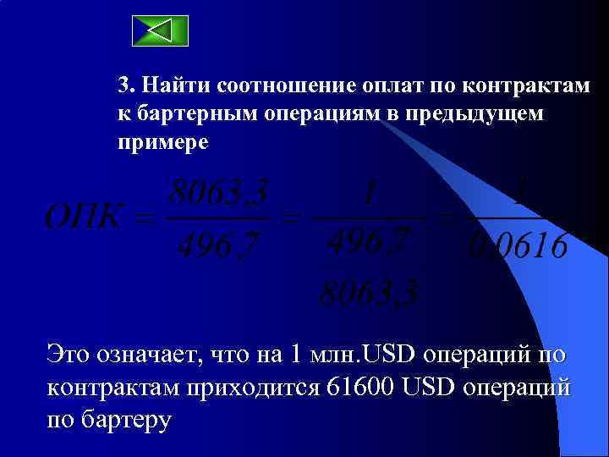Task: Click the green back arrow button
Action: tap(161, 30)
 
